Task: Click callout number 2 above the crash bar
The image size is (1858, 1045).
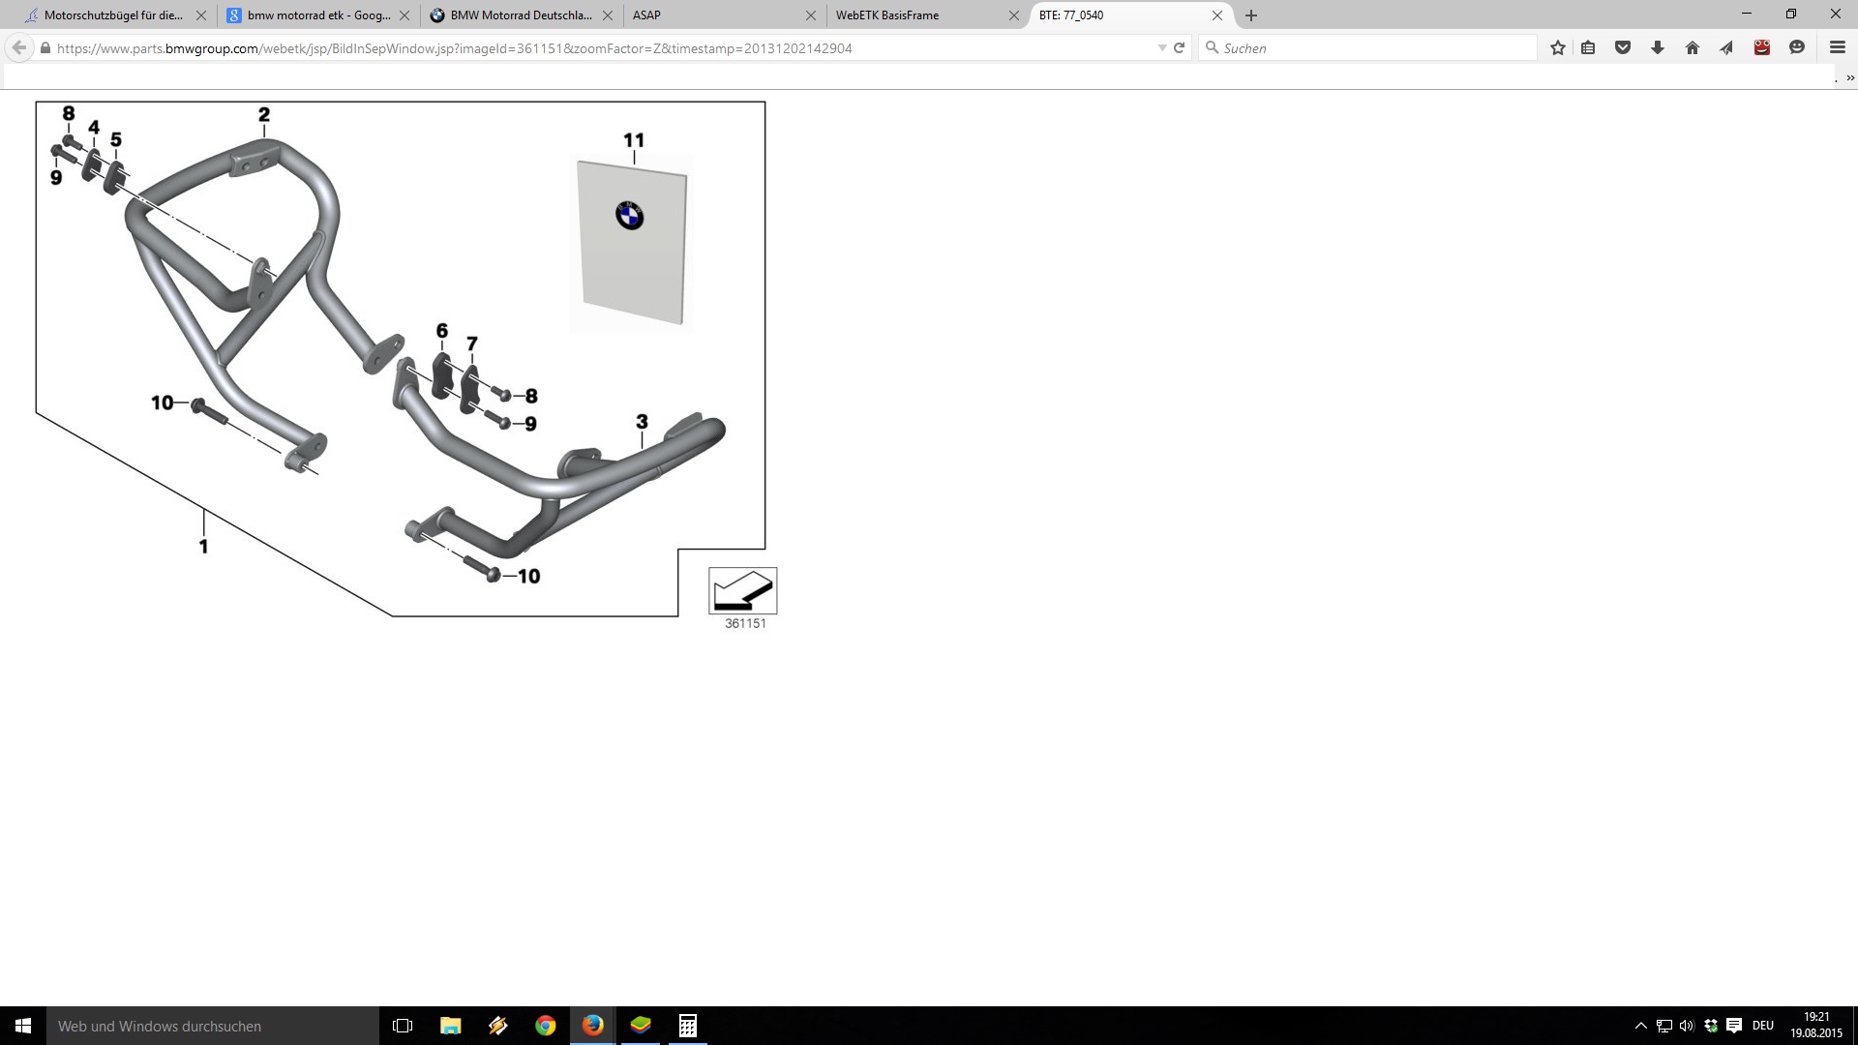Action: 264,114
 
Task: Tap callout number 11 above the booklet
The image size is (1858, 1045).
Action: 634,140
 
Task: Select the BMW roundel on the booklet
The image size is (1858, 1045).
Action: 629,216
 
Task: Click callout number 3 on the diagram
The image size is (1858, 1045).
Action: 642,422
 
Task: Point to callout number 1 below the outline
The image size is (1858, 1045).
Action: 203,547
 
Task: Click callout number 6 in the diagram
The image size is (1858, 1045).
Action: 442,331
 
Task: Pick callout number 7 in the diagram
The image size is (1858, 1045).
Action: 472,343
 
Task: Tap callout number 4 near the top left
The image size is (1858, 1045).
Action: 94,127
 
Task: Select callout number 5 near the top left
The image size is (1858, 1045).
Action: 116,139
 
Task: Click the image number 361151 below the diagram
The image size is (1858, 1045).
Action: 745,624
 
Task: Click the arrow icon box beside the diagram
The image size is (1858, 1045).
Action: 743,590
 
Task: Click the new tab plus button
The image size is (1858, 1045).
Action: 1251,15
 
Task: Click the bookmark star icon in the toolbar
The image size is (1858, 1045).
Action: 1558,48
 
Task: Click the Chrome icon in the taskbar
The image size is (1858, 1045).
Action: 546,1026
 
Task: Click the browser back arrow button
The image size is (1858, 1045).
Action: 19,48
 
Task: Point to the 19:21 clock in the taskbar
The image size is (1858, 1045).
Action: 1816,1017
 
